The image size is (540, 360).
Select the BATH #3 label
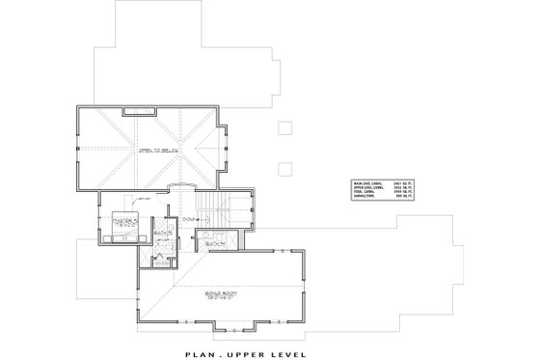click(164, 233)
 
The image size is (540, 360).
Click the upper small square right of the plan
click(283, 127)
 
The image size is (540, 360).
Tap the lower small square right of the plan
click(283, 170)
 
